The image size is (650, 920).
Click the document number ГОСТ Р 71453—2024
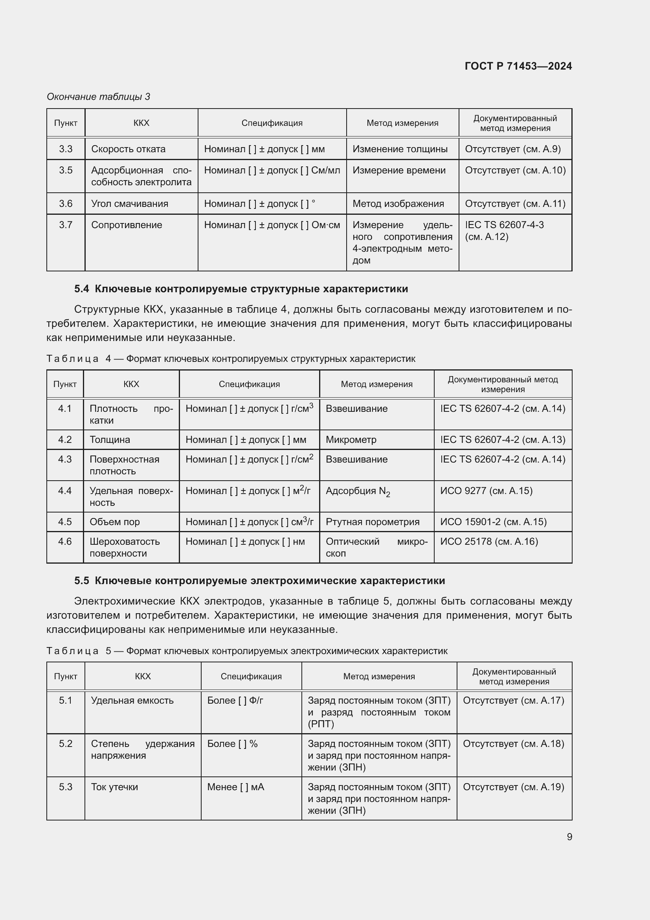pyautogui.click(x=518, y=66)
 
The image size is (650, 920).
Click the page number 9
pyautogui.click(x=569, y=837)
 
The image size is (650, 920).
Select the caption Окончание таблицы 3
pyautogui.click(x=99, y=97)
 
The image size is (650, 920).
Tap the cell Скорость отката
pyautogui.click(x=128, y=149)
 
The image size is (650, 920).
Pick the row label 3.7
pyautogui.click(x=66, y=225)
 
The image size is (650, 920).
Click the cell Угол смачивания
pyautogui.click(x=130, y=204)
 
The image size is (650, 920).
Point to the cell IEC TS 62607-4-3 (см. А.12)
pyautogui.click(x=504, y=231)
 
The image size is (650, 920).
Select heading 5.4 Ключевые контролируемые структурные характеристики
pyautogui.click(x=241, y=289)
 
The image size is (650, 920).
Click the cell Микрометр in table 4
pyautogui.click(x=351, y=440)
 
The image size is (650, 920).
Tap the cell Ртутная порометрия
pyautogui.click(x=372, y=522)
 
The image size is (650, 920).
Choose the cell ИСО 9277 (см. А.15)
pyautogui.click(x=486, y=491)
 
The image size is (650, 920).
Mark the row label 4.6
pyautogui.click(x=65, y=541)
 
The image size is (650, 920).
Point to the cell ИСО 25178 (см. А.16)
pyautogui.click(x=489, y=541)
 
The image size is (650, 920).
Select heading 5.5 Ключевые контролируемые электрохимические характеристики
pyautogui.click(x=259, y=581)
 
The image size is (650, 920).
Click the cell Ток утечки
pyautogui.click(x=114, y=787)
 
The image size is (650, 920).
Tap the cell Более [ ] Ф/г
pyautogui.click(x=235, y=700)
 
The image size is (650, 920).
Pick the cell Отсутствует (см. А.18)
pyautogui.click(x=513, y=743)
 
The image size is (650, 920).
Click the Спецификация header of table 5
pyautogui.click(x=251, y=676)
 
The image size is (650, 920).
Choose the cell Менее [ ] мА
pyautogui.click(x=236, y=787)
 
